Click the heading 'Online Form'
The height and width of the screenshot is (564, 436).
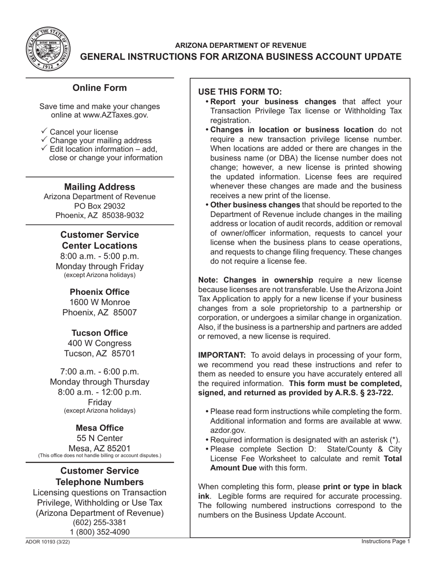(100, 88)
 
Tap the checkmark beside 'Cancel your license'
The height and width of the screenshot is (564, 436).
(44, 131)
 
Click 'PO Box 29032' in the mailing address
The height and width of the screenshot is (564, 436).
(100, 206)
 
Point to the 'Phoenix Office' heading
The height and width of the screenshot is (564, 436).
(100, 292)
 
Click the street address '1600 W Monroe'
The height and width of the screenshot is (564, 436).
(100, 302)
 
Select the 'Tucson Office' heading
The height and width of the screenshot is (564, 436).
(100, 333)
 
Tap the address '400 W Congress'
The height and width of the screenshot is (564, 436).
(100, 343)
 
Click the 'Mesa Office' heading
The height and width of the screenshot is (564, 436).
(100, 428)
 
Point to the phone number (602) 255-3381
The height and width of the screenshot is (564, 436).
(100, 523)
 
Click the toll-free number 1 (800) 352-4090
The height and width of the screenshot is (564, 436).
(100, 532)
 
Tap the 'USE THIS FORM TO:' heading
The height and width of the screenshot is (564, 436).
(240, 92)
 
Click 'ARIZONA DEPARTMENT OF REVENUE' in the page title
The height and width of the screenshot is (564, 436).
(241, 45)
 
